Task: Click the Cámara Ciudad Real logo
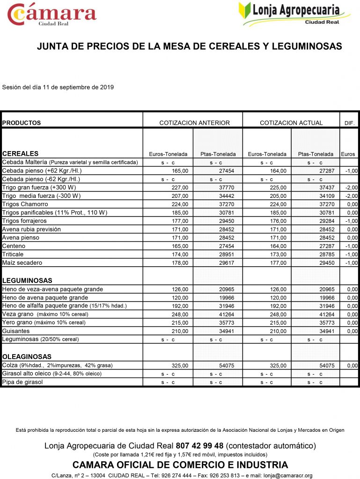pyautogui.click(x=51, y=15)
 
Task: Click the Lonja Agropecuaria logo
pyautogui.click(x=295, y=14)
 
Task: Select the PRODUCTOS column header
pyautogui.click(x=22, y=123)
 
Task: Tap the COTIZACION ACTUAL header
pyautogui.click(x=291, y=123)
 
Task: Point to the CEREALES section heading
pyautogui.click(x=21, y=153)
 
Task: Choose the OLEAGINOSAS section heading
pyautogui.click(x=27, y=356)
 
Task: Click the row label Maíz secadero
pyautogui.click(x=22, y=263)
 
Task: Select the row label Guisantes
pyautogui.click(x=16, y=331)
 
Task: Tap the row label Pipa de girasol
pyautogui.click(x=22, y=382)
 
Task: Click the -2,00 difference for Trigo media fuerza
pyautogui.click(x=351, y=196)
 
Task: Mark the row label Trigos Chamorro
pyautogui.click(x=25, y=204)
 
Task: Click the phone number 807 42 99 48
pyautogui.click(x=199, y=445)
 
